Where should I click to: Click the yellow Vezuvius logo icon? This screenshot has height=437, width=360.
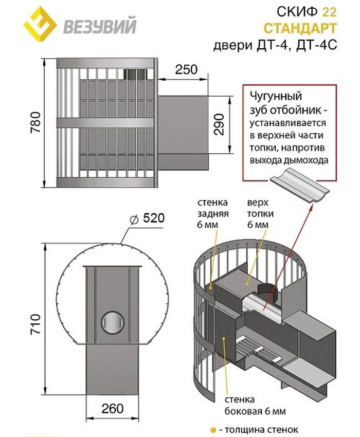point(39,22)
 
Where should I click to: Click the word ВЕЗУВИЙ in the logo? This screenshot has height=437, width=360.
point(100,26)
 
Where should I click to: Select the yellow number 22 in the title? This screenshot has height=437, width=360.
point(329,12)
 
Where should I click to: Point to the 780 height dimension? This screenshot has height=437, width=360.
point(35,123)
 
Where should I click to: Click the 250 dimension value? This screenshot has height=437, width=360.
point(186,69)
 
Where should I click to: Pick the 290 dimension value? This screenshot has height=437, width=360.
point(219,124)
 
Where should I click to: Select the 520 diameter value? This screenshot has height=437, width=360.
point(154,218)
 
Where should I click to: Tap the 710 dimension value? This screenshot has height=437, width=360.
point(35,324)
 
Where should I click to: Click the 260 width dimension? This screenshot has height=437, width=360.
point(113,409)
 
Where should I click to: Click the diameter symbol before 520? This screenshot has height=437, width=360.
point(134,220)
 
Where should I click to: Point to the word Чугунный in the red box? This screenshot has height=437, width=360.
point(276,96)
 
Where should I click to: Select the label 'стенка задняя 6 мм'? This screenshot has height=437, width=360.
point(213,213)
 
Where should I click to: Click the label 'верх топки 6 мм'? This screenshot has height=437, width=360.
point(260,213)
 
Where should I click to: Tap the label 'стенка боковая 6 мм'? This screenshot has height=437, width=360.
point(255,406)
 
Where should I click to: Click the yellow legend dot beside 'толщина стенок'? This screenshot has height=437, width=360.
point(213,430)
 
